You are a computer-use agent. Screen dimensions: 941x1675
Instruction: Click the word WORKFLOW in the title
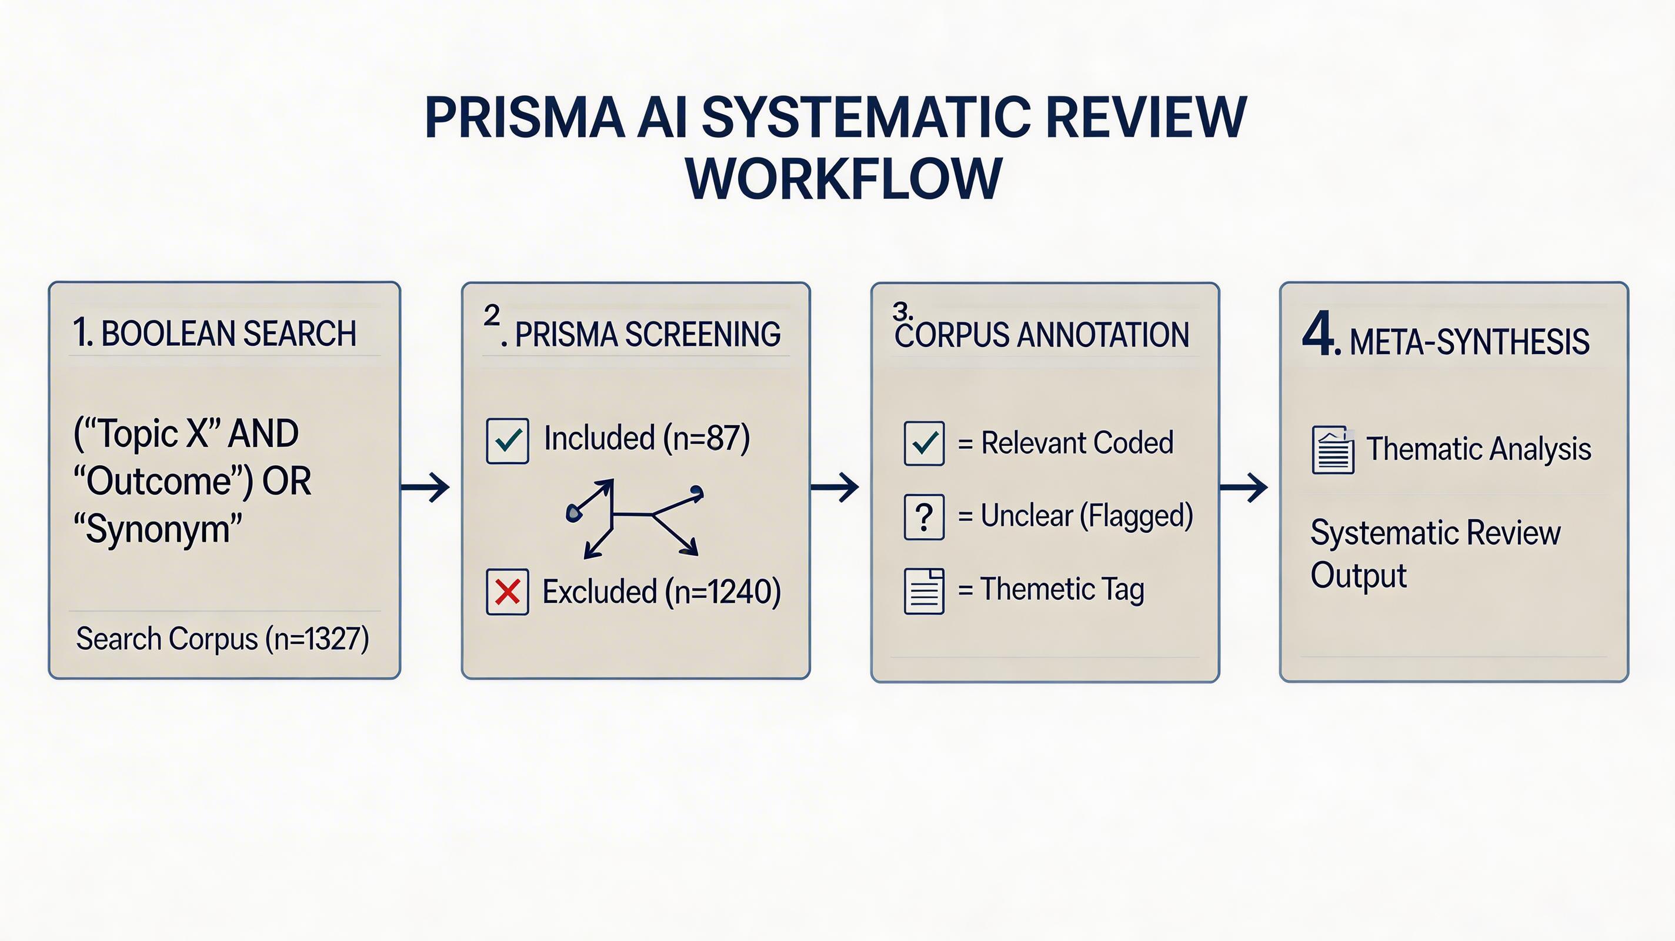(843, 179)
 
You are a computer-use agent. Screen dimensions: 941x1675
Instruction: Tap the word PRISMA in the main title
(524, 118)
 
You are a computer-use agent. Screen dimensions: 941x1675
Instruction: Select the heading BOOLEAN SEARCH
(229, 333)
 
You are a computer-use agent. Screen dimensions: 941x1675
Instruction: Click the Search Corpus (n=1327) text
(222, 639)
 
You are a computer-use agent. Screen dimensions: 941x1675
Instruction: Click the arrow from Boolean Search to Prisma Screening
(425, 487)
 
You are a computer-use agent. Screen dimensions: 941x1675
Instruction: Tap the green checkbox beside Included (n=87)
(507, 441)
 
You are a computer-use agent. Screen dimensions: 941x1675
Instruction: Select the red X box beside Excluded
(507, 592)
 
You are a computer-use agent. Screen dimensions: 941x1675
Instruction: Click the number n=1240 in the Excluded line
(727, 592)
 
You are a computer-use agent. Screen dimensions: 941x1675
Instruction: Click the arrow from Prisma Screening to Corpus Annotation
(835, 487)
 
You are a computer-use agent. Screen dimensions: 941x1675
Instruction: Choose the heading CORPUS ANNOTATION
(1042, 335)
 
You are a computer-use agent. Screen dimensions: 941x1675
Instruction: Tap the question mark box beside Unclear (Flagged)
(924, 517)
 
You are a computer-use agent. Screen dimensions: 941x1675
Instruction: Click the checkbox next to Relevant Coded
(924, 443)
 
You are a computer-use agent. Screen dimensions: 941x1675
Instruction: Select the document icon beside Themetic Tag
(924, 590)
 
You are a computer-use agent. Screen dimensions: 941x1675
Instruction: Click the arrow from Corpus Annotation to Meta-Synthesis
(1243, 487)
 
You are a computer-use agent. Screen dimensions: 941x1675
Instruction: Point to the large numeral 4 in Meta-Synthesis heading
(1318, 335)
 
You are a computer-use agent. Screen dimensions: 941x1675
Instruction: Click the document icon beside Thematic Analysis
(1333, 450)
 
